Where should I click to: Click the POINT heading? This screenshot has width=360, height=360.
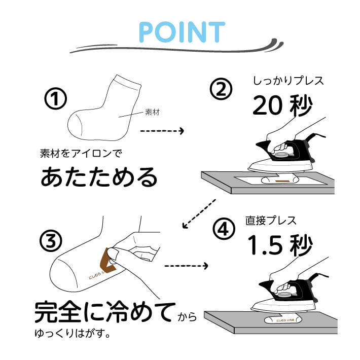(x=182, y=32)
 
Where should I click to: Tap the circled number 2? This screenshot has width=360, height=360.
(x=221, y=90)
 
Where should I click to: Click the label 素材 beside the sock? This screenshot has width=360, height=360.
(x=152, y=113)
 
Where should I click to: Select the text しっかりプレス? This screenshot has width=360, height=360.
(x=287, y=81)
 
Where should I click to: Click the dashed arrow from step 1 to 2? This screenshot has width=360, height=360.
(x=161, y=131)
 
